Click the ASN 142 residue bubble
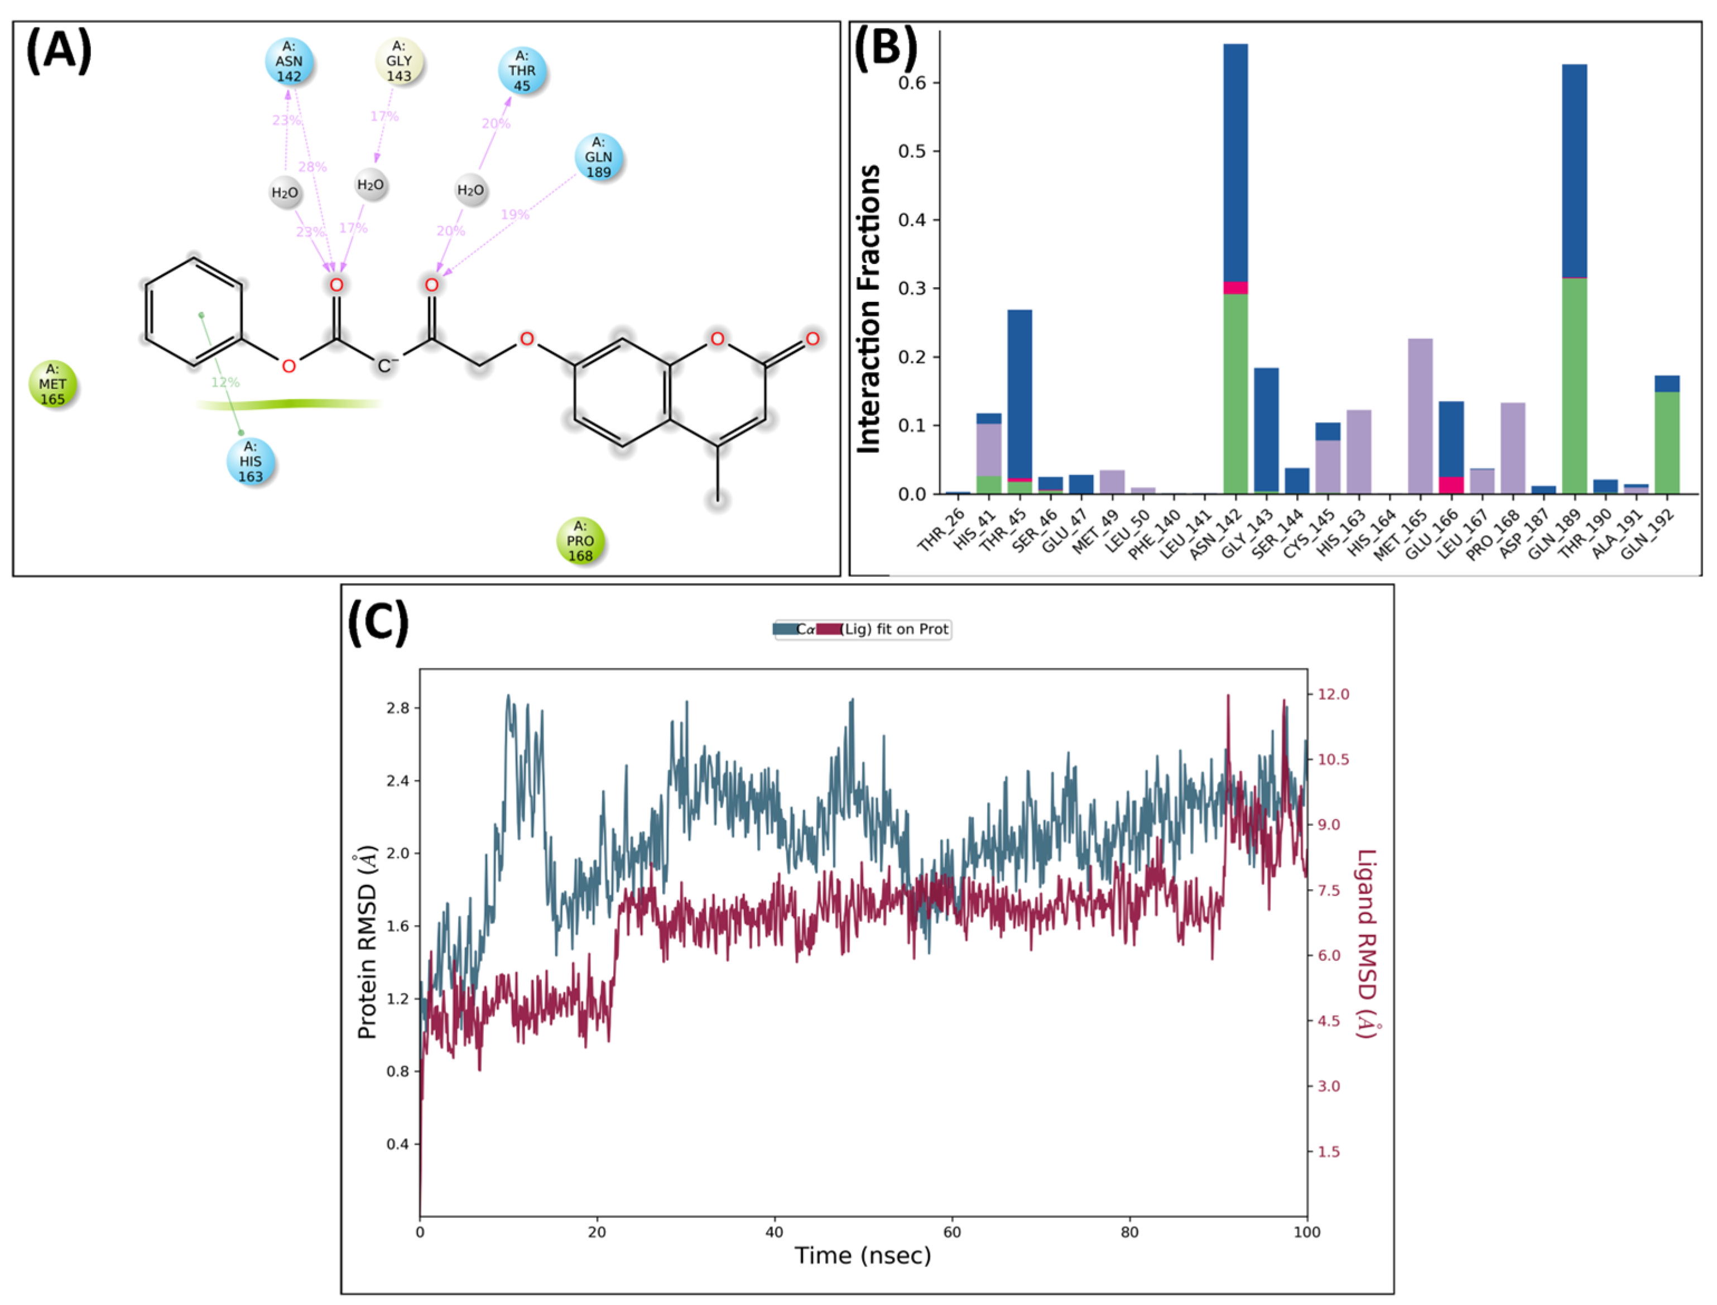pos(288,61)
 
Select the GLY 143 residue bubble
pos(398,61)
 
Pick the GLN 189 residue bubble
pos(598,157)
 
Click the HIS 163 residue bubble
pos(250,461)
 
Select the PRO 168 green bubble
pos(580,541)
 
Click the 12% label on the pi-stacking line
pos(225,382)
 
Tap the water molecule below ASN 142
pos(285,192)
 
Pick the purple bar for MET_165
pos(1420,416)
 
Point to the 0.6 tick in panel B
pos(912,83)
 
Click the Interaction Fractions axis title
pos(869,309)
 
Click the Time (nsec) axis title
pos(862,1256)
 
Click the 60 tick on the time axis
pos(952,1232)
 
